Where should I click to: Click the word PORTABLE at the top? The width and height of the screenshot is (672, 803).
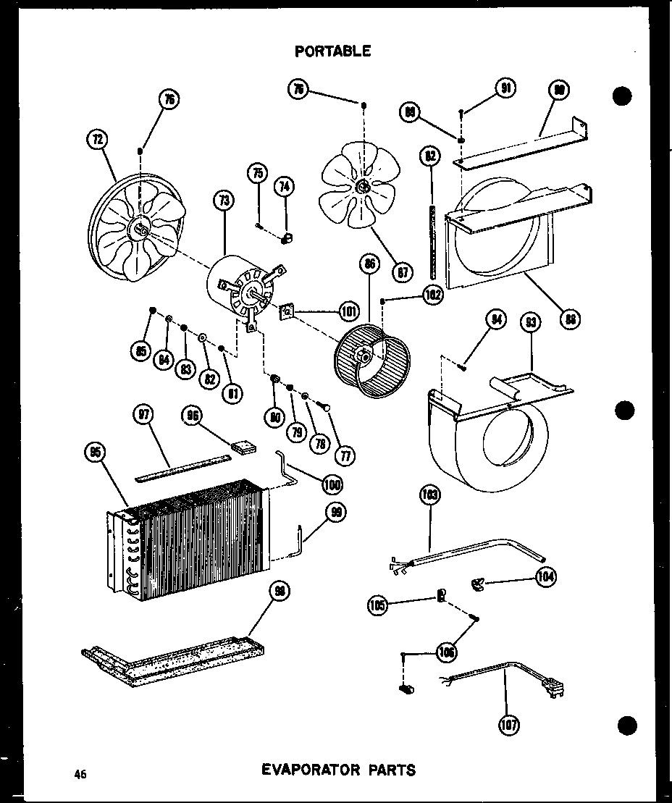point(333,51)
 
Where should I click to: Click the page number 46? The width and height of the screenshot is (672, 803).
point(80,774)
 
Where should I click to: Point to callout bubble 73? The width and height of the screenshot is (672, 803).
point(224,201)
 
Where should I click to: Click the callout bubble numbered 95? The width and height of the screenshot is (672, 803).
point(93,453)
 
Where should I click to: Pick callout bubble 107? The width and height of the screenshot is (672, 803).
point(510,724)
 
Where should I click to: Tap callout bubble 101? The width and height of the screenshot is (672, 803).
point(349,312)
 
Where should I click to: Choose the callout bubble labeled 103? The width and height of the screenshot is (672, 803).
point(429,497)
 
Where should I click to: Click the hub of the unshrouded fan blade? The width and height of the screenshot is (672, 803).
point(362,187)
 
